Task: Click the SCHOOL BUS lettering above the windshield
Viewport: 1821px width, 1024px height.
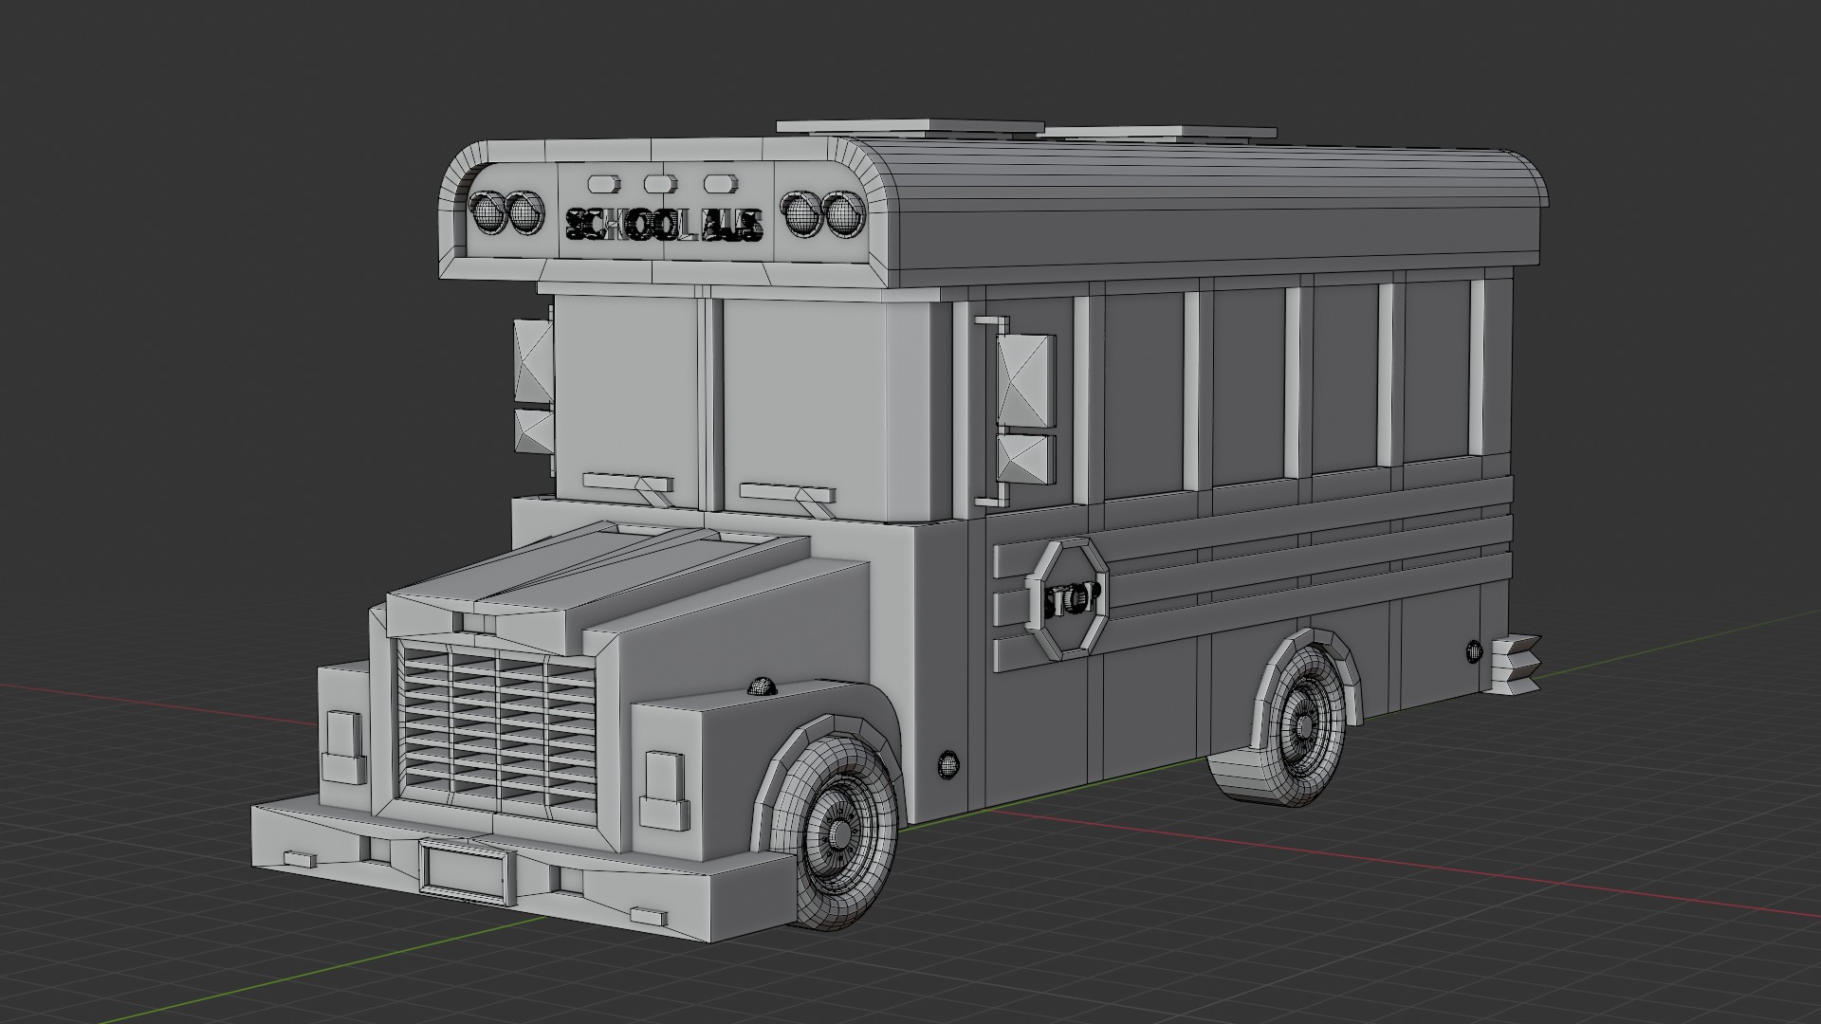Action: click(x=664, y=225)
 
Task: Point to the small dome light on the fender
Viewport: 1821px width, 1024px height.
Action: click(x=762, y=686)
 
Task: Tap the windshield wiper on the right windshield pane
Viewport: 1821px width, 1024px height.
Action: click(x=787, y=494)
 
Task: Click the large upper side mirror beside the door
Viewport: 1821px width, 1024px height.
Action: click(x=1026, y=379)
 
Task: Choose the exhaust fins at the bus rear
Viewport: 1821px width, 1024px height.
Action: click(x=1516, y=662)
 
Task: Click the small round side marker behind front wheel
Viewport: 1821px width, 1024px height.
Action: click(x=947, y=762)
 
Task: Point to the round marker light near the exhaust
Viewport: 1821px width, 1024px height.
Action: click(x=1473, y=650)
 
